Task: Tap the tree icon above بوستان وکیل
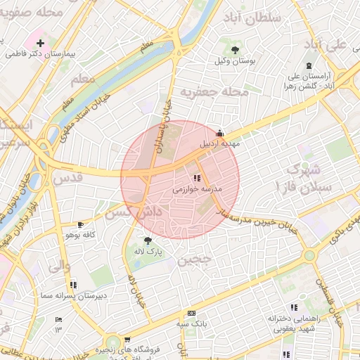235,49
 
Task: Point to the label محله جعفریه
214,92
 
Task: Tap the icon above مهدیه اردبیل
220,132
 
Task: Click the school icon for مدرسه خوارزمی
197,179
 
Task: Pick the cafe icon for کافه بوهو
80,224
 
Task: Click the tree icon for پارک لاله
147,240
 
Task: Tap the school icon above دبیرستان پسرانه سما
72,285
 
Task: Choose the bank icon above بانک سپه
191,313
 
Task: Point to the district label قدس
68,177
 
